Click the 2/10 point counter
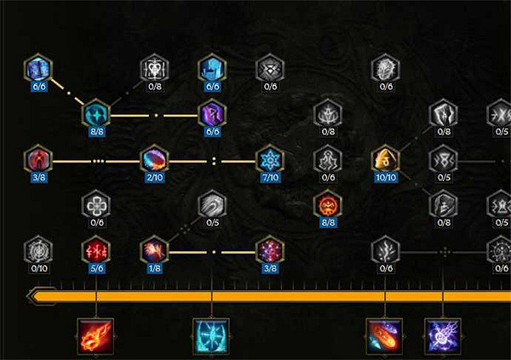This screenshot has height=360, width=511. [154, 178]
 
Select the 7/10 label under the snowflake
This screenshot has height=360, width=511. [270, 178]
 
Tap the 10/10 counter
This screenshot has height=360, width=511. [386, 178]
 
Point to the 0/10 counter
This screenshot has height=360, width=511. [39, 268]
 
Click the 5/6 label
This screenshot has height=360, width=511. [97, 268]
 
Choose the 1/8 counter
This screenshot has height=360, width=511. [154, 268]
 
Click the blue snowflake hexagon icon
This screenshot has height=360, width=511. [270, 160]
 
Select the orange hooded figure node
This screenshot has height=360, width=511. [386, 160]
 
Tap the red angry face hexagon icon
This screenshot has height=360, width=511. [328, 205]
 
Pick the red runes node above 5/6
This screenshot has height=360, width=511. [96, 250]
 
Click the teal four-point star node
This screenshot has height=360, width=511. [96, 114]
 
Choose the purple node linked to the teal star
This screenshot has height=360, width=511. [212, 114]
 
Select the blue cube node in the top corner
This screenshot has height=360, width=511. [38, 68]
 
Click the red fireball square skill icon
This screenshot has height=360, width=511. [95, 337]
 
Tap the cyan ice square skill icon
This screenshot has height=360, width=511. [211, 337]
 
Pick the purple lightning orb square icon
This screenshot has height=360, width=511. [443, 337]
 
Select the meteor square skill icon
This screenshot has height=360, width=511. [385, 337]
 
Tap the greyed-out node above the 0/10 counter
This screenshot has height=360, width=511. [38, 250]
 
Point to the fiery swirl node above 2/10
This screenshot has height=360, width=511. [154, 160]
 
